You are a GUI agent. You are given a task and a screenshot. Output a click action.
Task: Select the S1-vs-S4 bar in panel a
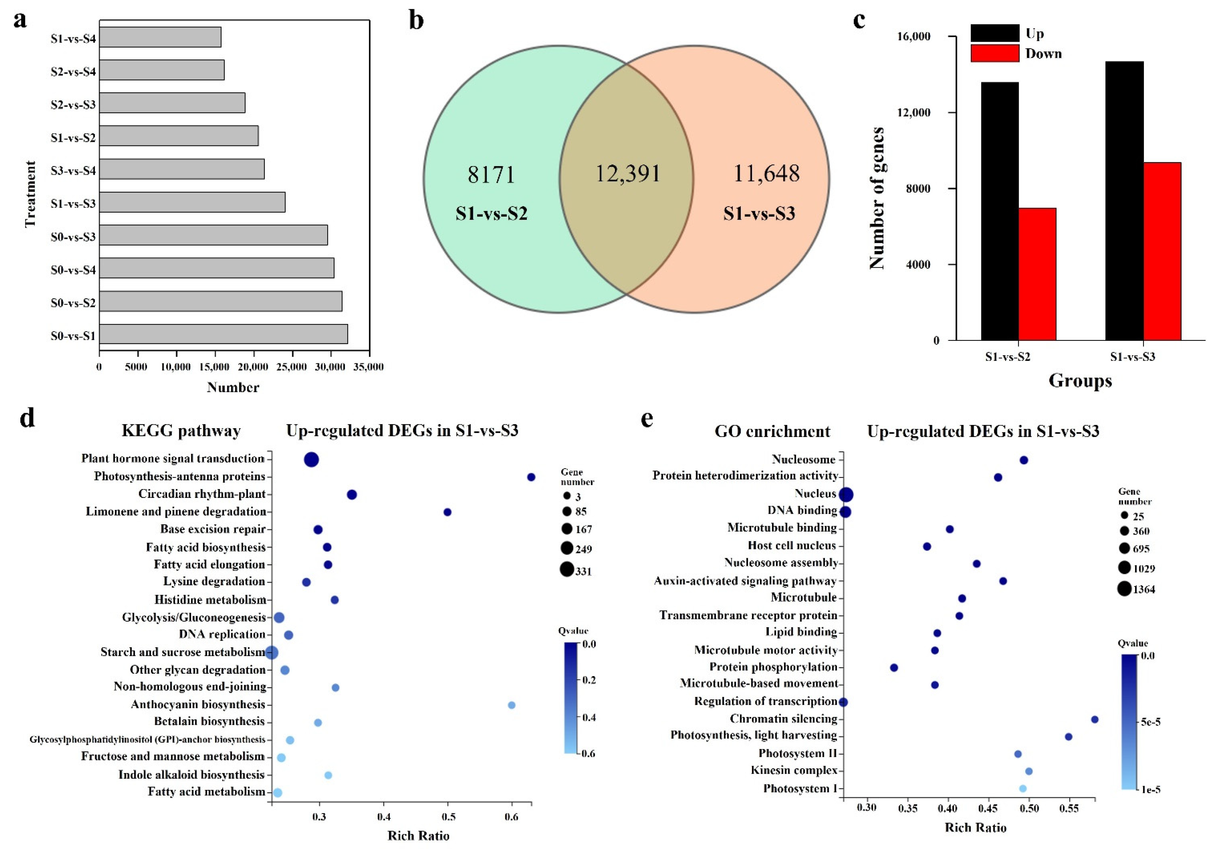[x=160, y=37]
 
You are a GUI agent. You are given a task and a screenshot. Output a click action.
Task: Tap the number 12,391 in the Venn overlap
[x=628, y=173]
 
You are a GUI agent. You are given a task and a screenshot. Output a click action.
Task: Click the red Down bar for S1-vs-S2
[x=1037, y=274]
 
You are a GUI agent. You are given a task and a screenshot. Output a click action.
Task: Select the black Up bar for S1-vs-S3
[x=1124, y=201]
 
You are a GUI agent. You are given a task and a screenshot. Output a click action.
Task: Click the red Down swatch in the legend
[x=994, y=53]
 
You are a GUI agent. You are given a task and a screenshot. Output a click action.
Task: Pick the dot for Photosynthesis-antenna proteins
[x=531, y=477]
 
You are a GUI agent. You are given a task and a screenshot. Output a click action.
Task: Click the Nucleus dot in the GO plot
[x=846, y=495]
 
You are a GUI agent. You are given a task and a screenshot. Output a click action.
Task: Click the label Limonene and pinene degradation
[x=176, y=511]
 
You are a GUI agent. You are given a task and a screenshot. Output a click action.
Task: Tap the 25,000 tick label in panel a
[x=292, y=367]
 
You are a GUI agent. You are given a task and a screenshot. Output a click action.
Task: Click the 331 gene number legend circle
[x=567, y=570]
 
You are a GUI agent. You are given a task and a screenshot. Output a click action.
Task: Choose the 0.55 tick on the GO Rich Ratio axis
[x=1069, y=808]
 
